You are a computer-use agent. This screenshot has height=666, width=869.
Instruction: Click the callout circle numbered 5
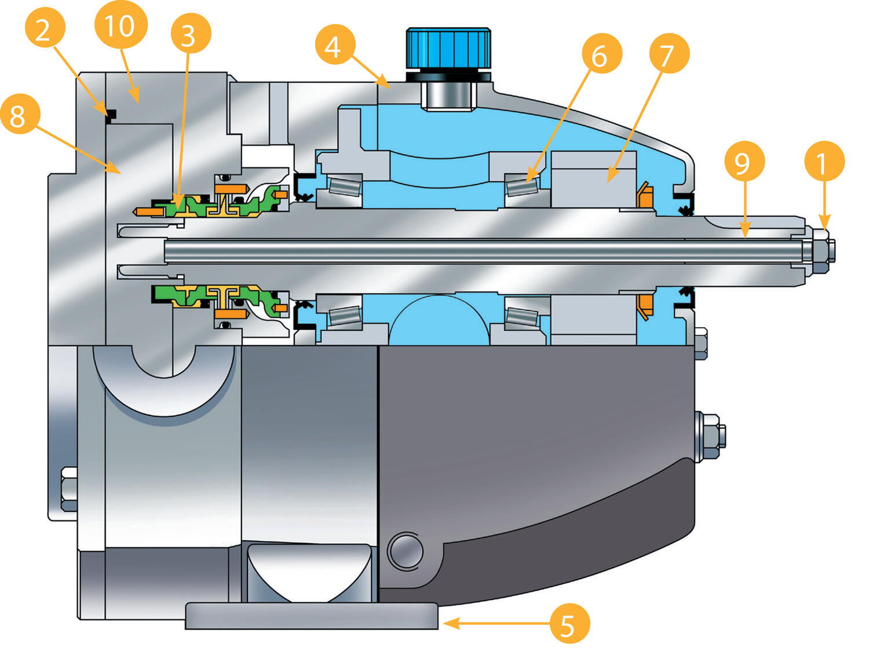click(x=569, y=624)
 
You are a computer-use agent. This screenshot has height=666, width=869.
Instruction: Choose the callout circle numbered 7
click(x=669, y=54)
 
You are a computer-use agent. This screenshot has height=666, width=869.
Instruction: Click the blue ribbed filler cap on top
click(x=448, y=48)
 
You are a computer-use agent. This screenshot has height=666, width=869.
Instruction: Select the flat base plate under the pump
click(x=311, y=616)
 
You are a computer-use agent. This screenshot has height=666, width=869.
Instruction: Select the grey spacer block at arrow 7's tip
click(x=593, y=180)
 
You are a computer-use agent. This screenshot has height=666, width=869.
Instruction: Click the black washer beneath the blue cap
click(x=448, y=76)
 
